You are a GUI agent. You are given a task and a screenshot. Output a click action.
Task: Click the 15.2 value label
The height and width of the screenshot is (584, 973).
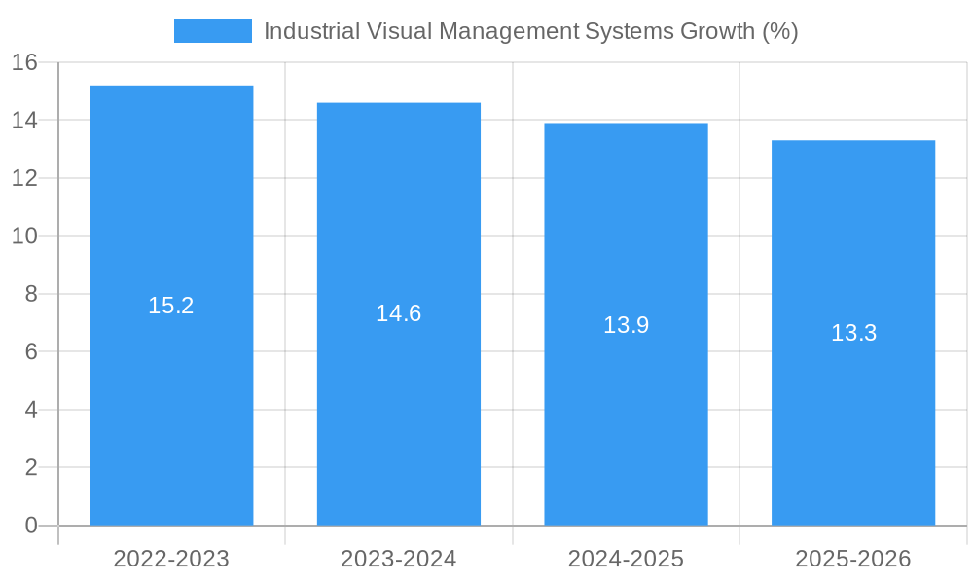pyautogui.click(x=171, y=306)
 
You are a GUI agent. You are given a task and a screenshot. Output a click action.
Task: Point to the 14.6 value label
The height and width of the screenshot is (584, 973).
pyautogui.click(x=399, y=313)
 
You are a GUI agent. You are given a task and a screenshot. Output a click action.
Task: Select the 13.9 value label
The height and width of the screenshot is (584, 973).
pyautogui.click(x=626, y=325)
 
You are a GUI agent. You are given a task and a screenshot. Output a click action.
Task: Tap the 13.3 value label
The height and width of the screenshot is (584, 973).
pyautogui.click(x=853, y=333)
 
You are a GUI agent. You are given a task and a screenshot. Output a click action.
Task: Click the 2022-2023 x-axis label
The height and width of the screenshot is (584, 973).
pyautogui.click(x=171, y=559)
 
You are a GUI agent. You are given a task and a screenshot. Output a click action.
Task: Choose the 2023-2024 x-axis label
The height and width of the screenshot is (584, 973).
pyautogui.click(x=399, y=559)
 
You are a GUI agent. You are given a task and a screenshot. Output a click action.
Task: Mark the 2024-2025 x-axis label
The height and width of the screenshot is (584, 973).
pyautogui.click(x=626, y=559)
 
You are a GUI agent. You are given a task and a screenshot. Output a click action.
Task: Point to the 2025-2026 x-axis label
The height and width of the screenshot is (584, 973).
pyautogui.click(x=853, y=559)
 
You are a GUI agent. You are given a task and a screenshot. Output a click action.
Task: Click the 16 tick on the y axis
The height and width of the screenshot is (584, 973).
pyautogui.click(x=24, y=62)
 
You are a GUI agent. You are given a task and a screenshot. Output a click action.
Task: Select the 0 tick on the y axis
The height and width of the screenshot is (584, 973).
pyautogui.click(x=30, y=526)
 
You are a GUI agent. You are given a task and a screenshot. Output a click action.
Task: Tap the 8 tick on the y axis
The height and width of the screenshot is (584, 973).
pyautogui.click(x=30, y=294)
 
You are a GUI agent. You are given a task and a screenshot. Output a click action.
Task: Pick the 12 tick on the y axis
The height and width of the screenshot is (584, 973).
pyautogui.click(x=24, y=178)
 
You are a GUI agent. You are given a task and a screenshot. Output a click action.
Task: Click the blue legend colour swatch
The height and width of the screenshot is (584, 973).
pyautogui.click(x=212, y=31)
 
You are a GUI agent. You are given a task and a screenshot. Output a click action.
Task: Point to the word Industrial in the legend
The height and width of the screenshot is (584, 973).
pyautogui.click(x=305, y=31)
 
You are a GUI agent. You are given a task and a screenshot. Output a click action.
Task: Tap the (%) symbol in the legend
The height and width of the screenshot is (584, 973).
pyautogui.click(x=779, y=31)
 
